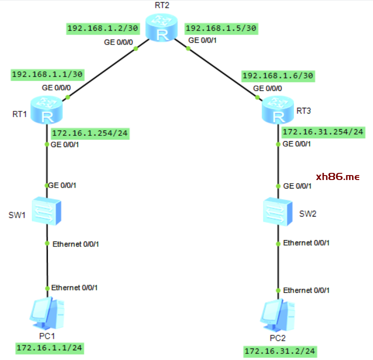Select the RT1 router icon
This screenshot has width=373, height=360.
[47, 110]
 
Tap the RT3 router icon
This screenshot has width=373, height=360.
[278, 109]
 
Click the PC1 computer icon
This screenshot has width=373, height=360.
[47, 314]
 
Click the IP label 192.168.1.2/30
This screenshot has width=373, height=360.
[102, 29]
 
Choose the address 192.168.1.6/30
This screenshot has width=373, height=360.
[278, 76]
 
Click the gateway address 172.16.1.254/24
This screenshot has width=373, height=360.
[90, 133]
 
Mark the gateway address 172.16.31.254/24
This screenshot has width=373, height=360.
[323, 132]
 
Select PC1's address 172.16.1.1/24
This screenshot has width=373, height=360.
[50, 347]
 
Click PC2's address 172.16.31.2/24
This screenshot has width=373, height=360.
[280, 351]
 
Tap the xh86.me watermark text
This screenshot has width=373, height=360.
[337, 176]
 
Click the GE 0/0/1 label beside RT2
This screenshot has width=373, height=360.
[203, 41]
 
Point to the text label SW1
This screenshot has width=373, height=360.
[17, 216]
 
